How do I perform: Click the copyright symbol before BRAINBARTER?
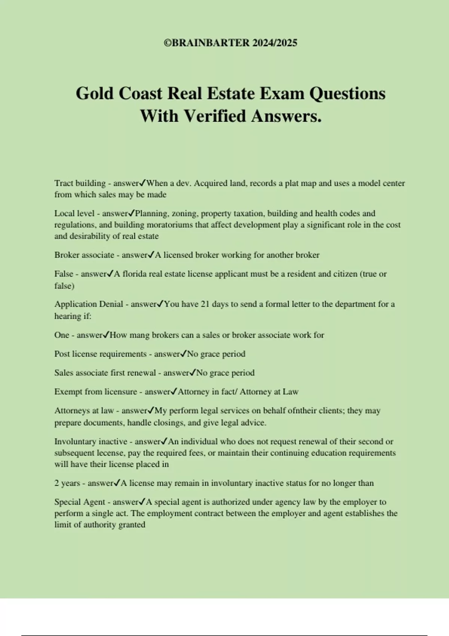(168, 43)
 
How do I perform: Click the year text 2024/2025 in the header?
(275, 43)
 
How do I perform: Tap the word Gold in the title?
(95, 94)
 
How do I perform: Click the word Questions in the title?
(347, 94)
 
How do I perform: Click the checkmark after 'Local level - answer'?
(131, 213)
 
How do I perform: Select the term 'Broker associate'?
(84, 255)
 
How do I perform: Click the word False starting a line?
(64, 274)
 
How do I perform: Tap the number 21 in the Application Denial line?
(205, 304)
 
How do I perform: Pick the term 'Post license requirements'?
(100, 354)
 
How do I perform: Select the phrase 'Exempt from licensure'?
(96, 392)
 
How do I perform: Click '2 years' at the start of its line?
(67, 483)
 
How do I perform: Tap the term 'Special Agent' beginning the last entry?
(80, 502)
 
